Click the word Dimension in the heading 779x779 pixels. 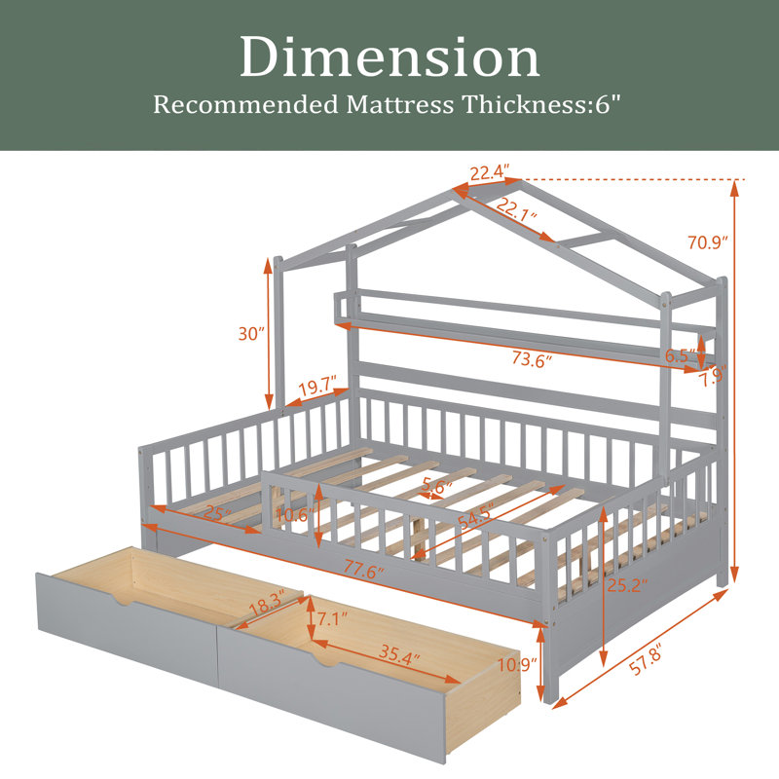390,57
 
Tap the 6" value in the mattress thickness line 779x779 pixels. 609,104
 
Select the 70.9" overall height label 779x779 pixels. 708,242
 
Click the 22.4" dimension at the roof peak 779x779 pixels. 490,173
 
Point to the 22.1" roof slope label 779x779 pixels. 517,209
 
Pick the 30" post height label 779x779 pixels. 251,333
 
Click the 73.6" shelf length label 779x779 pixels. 532,358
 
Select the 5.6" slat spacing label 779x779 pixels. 437,486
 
